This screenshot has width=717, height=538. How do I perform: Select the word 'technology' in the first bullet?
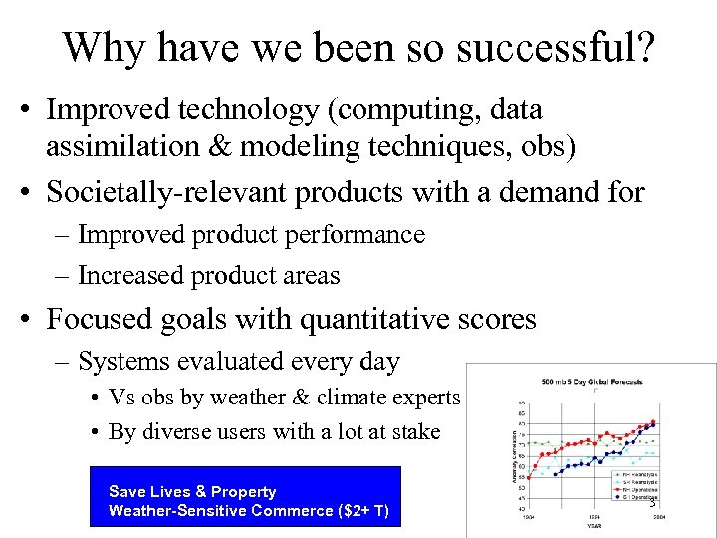tap(244, 109)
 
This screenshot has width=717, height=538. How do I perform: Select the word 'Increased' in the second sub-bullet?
tap(124, 276)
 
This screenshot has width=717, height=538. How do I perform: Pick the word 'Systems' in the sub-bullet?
tap(121, 361)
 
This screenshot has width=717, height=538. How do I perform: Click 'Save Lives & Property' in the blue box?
tap(192, 491)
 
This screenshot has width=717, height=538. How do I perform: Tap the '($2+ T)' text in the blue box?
tap(365, 511)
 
